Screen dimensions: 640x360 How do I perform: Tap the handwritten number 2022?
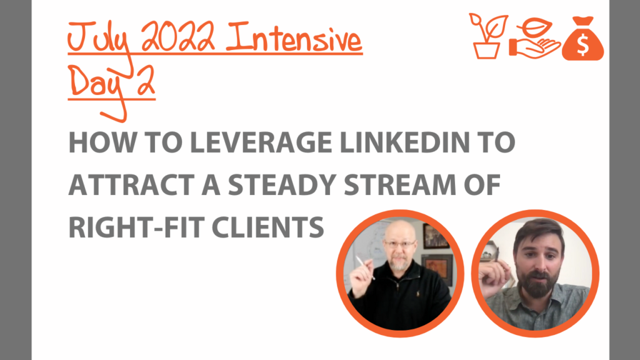pos(178,37)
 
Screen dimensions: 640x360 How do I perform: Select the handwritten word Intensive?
pos(294,37)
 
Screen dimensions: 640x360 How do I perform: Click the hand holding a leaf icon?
pos(534,39)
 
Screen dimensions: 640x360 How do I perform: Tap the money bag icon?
pos(582,39)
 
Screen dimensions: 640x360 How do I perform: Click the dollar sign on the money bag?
pos(583,45)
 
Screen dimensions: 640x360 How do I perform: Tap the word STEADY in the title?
pos(282,185)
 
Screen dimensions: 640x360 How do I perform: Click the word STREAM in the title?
pos(399,185)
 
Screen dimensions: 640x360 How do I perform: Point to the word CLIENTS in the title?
pos(267,227)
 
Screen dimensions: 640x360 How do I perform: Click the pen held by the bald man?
pos(365,267)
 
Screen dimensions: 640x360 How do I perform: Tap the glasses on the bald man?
pos(399,244)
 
